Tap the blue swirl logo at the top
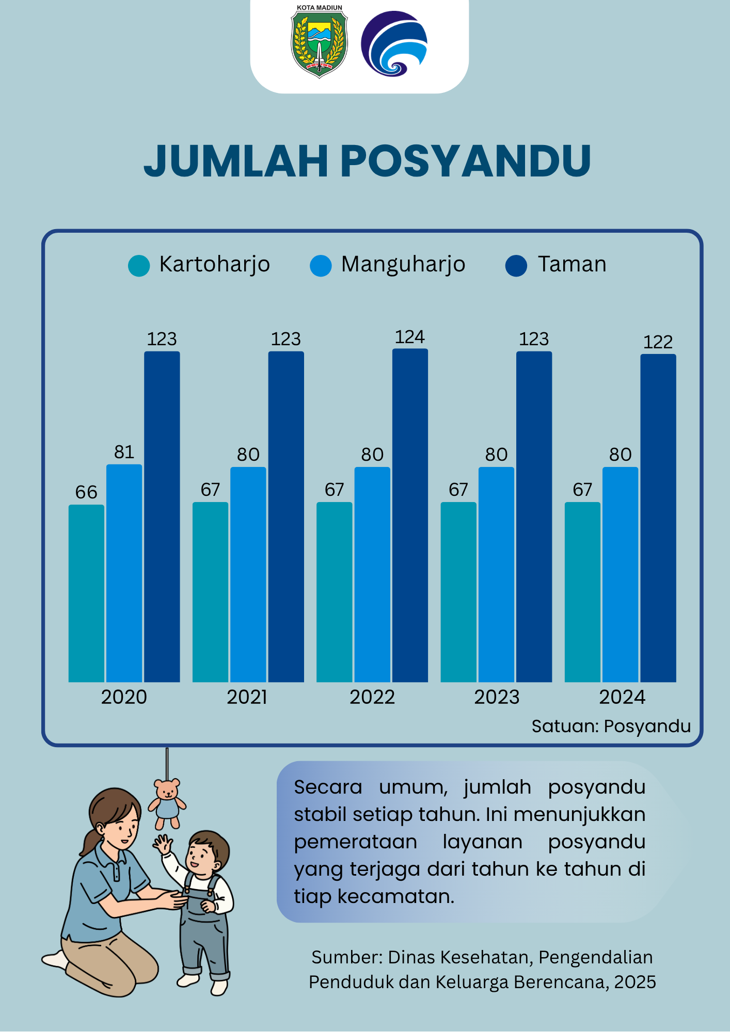tap(394, 43)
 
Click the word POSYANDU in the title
tap(466, 160)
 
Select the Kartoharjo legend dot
tap(139, 266)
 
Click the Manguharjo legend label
tap(403, 264)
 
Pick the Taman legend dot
tap(516, 266)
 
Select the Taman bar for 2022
tap(410, 515)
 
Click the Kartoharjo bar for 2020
tap(86, 593)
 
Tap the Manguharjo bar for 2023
tap(496, 575)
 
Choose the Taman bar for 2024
tap(658, 518)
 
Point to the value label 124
tap(410, 337)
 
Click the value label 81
tap(124, 452)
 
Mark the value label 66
tap(86, 492)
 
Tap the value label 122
tap(658, 342)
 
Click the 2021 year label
tap(247, 697)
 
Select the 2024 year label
tap(622, 697)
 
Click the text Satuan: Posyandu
tap(611, 726)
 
